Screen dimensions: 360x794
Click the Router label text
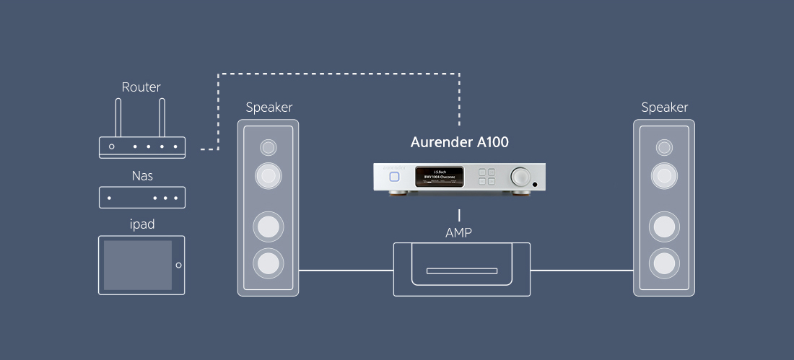pyautogui.click(x=141, y=87)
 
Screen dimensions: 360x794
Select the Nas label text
pyautogui.click(x=141, y=175)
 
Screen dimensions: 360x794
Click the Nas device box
pyautogui.click(x=141, y=197)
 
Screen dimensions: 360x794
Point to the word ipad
pyautogui.click(x=141, y=224)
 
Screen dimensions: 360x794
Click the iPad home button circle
pyautogui.click(x=178, y=265)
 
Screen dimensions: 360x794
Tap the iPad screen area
pyautogui.click(x=137, y=265)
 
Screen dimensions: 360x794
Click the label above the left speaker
pyautogui.click(x=269, y=107)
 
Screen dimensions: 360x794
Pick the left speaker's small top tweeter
pyautogui.click(x=269, y=147)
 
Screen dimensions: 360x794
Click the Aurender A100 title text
pyautogui.click(x=459, y=142)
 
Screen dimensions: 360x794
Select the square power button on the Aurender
pyautogui.click(x=394, y=176)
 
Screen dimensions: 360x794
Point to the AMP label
pyautogui.click(x=459, y=232)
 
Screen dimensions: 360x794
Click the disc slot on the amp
pyautogui.click(x=459, y=271)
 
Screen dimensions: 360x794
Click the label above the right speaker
pyautogui.click(x=664, y=107)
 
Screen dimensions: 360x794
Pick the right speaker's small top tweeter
pyautogui.click(x=664, y=148)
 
